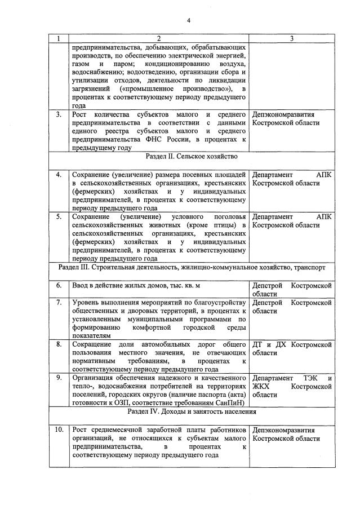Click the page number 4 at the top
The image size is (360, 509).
(189, 21)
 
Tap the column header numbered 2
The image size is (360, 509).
(158, 38)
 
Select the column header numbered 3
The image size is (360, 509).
(291, 38)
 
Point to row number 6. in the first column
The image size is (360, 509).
(59, 286)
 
